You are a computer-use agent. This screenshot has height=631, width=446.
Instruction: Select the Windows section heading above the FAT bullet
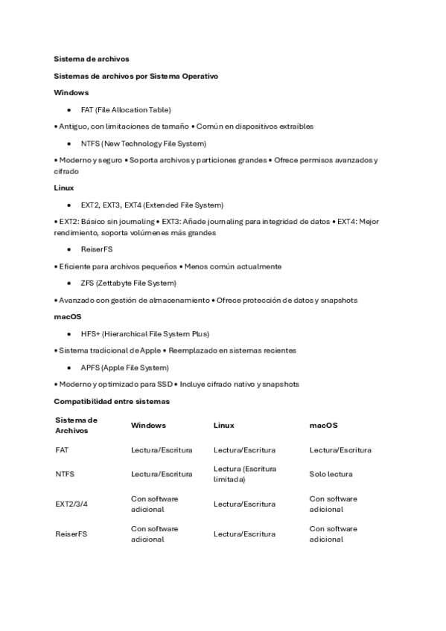tap(71, 92)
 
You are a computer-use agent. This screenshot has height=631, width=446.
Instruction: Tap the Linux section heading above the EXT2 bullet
tap(63, 188)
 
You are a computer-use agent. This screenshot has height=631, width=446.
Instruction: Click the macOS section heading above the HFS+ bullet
tap(67, 317)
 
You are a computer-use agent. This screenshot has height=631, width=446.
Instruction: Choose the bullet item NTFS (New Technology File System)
tap(143, 143)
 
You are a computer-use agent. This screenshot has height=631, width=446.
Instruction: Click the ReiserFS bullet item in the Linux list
tap(97, 249)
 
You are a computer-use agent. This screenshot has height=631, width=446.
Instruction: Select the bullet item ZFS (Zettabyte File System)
tap(128, 283)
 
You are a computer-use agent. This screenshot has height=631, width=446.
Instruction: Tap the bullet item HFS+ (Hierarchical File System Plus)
tap(144, 334)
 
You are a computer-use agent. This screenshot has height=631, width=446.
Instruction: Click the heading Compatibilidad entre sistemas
tap(112, 401)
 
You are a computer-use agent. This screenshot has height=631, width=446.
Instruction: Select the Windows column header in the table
tap(148, 426)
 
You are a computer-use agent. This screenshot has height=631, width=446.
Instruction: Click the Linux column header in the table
tap(223, 426)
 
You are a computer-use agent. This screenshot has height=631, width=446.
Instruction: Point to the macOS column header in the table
tap(323, 426)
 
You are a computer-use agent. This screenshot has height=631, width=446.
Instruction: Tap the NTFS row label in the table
tap(65, 474)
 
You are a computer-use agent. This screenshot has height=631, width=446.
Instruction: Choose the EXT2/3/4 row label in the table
tap(71, 504)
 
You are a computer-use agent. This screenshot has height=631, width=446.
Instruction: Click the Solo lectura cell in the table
tap(331, 474)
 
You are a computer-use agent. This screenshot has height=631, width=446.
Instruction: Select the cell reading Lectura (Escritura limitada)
tap(244, 474)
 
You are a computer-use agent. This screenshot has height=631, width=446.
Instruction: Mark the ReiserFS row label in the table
tap(71, 534)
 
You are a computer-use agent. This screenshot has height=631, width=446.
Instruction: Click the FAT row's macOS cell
tap(340, 450)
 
